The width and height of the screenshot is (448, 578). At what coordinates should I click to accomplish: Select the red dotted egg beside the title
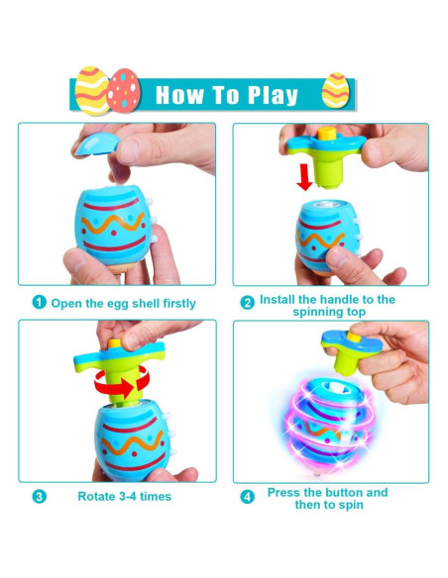[124, 88]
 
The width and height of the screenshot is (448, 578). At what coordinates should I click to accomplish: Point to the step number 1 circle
[39, 303]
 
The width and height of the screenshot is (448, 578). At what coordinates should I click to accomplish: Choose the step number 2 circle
[247, 301]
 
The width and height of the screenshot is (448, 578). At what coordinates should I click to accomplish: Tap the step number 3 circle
[39, 496]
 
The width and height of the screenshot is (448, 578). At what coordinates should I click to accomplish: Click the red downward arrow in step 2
[305, 177]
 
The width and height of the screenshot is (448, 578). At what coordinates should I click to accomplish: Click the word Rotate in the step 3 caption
[97, 496]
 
